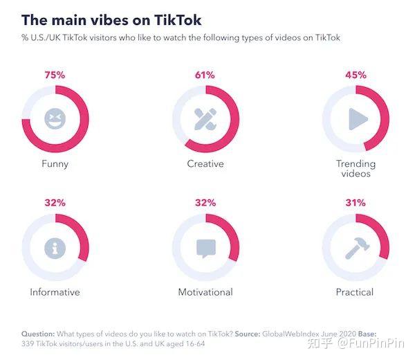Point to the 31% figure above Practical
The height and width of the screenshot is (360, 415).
click(x=356, y=203)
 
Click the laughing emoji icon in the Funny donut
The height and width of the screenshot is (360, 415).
click(x=55, y=119)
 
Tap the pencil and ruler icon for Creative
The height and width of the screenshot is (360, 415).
click(x=205, y=119)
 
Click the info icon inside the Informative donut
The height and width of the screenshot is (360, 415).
click(x=55, y=248)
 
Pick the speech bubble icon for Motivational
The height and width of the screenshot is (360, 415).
click(x=205, y=248)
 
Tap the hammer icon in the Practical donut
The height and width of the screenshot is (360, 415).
click(x=356, y=248)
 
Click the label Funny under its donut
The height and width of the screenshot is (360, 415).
click(x=55, y=164)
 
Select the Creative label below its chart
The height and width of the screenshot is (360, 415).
click(x=205, y=164)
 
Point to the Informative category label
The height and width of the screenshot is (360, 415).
click(x=55, y=292)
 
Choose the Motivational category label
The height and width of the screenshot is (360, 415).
click(x=205, y=292)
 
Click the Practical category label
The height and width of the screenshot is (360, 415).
click(x=355, y=292)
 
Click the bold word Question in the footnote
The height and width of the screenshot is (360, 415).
click(x=40, y=333)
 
